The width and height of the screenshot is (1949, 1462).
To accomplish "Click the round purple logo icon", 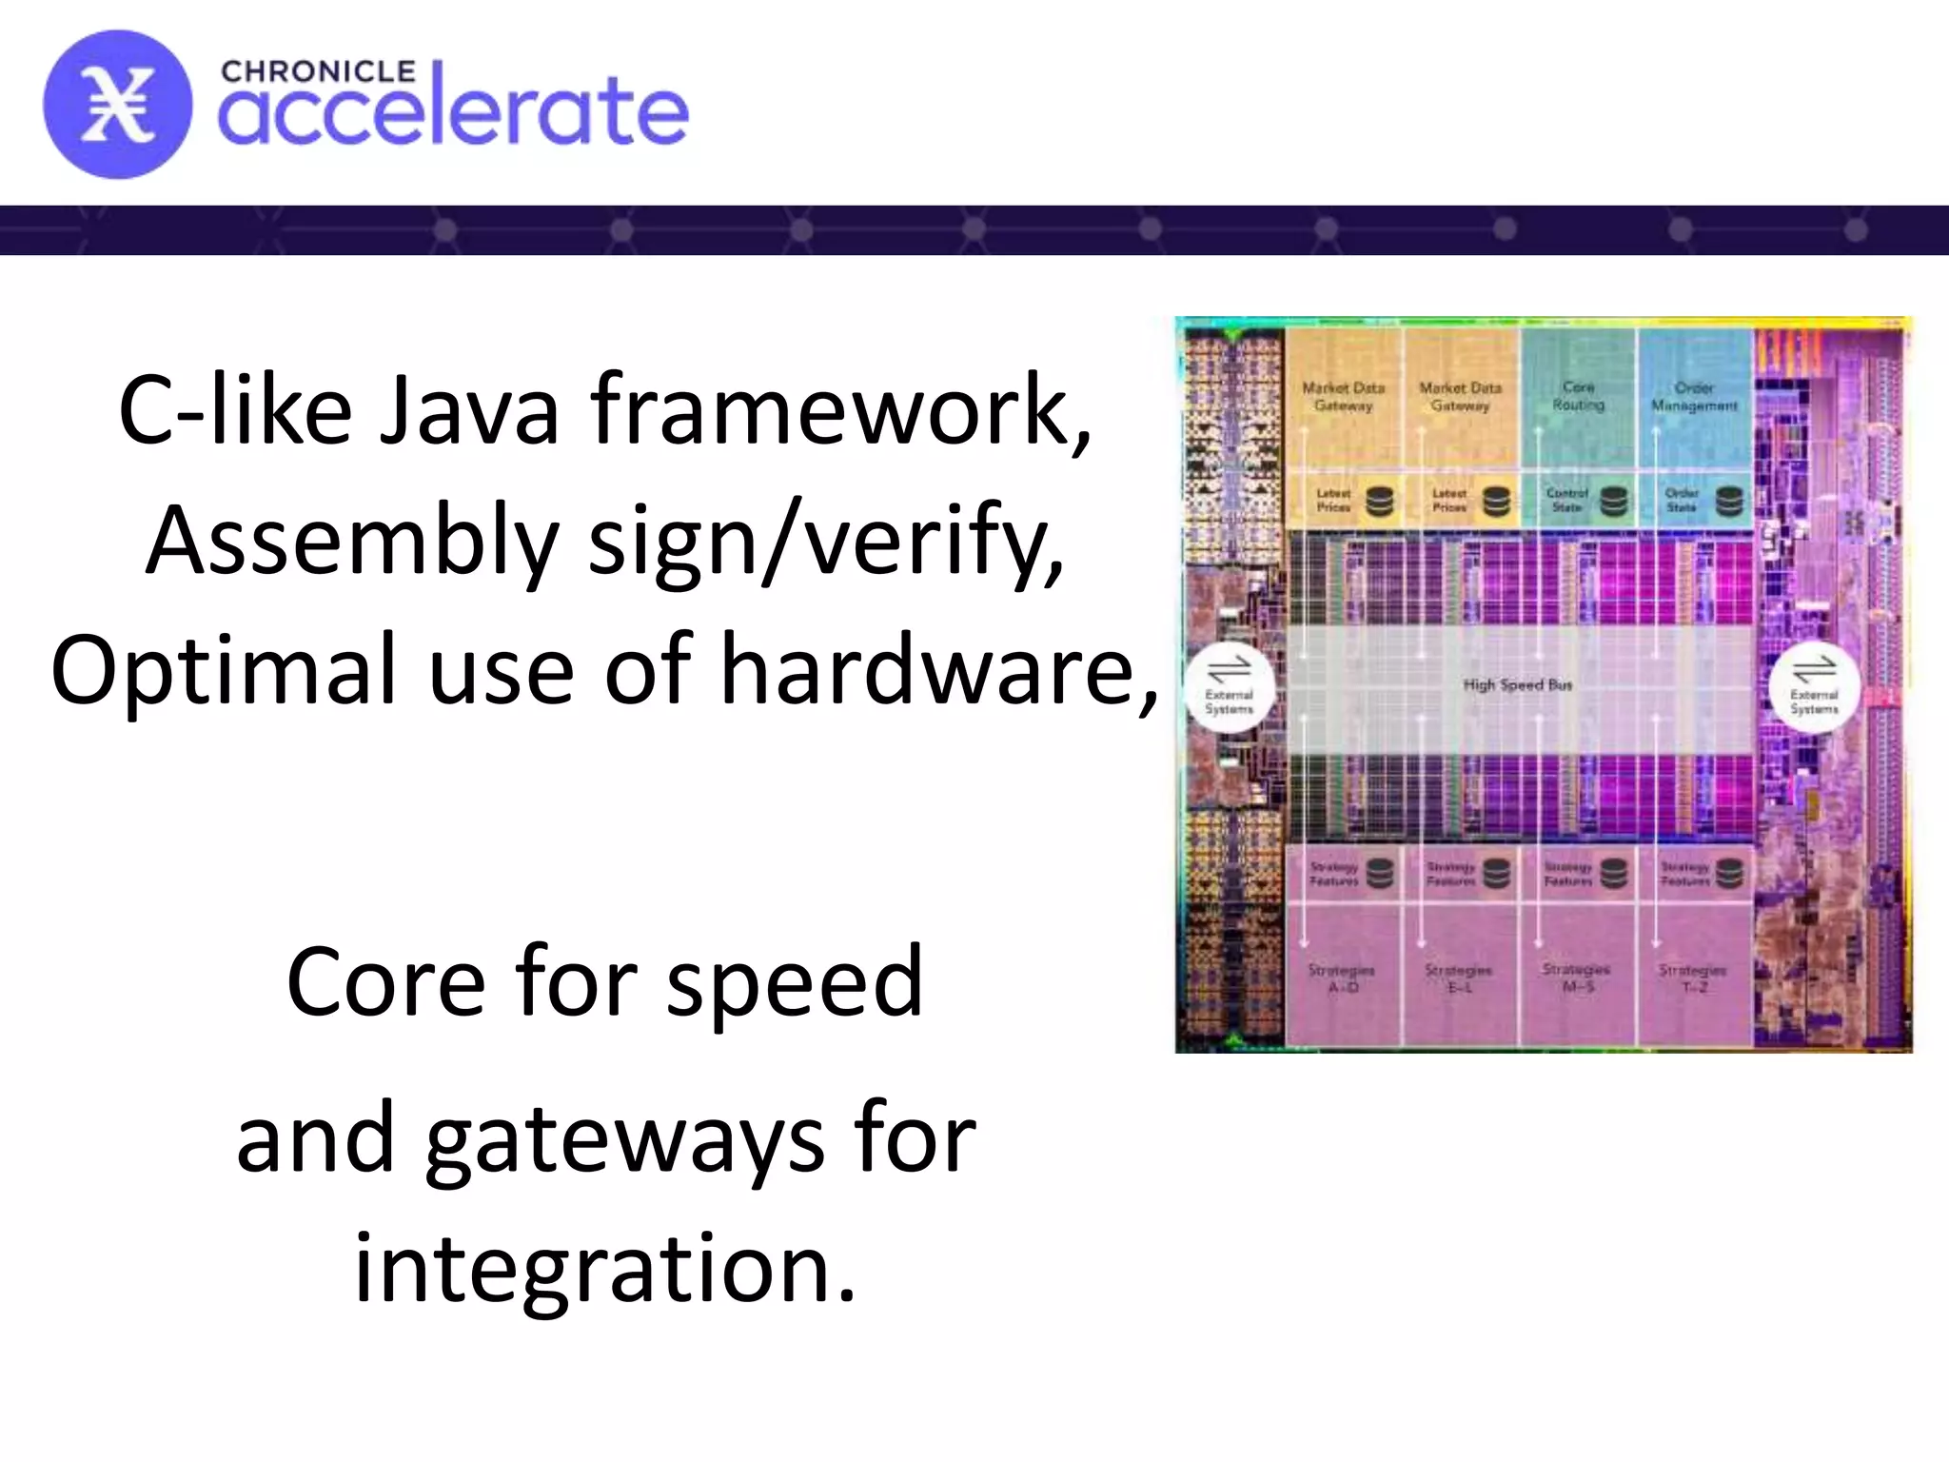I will (x=117, y=105).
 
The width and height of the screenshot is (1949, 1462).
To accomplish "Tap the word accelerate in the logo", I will (x=453, y=112).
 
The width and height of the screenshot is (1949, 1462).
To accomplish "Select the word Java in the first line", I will (x=469, y=410).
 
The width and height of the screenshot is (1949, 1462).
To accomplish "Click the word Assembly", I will (x=352, y=541).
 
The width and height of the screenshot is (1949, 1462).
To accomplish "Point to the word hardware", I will (x=939, y=670).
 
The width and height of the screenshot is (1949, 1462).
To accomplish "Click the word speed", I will (x=794, y=981).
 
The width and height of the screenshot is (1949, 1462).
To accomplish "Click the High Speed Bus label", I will (x=1517, y=684).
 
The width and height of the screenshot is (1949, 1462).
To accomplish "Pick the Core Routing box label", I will (x=1578, y=396).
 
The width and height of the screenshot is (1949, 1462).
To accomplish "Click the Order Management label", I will (x=1694, y=397).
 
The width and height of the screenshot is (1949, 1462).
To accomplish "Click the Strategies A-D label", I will (x=1342, y=978).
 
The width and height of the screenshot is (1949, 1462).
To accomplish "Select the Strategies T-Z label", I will (x=1692, y=978).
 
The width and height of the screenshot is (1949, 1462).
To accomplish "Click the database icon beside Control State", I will (x=1613, y=501).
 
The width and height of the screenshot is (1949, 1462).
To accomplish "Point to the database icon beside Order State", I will (x=1729, y=501).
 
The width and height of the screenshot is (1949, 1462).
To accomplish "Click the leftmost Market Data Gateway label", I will (x=1343, y=397).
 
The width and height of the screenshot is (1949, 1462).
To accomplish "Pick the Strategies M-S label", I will (x=1576, y=978).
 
